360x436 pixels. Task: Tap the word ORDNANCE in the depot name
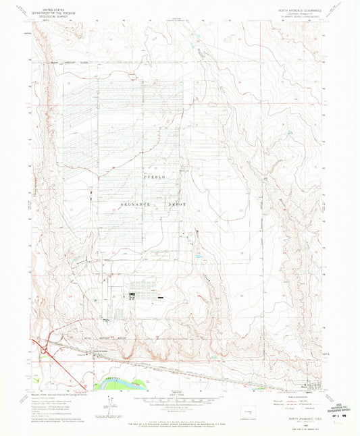tap(120, 202)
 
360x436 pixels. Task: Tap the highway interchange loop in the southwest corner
tap(45, 350)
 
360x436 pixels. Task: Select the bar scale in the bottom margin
tap(179, 403)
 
